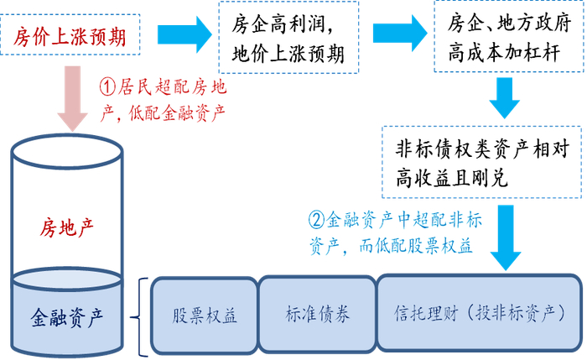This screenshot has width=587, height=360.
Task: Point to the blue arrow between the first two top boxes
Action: pos(185,35)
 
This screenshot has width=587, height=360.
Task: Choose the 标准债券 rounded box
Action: pos(318,315)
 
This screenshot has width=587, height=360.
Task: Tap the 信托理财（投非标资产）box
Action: pos(477,315)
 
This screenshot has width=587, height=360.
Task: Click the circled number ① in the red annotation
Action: pos(107,87)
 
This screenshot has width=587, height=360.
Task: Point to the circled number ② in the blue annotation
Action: pos(316,222)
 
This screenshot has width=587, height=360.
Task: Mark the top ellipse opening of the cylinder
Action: pos(65,153)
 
